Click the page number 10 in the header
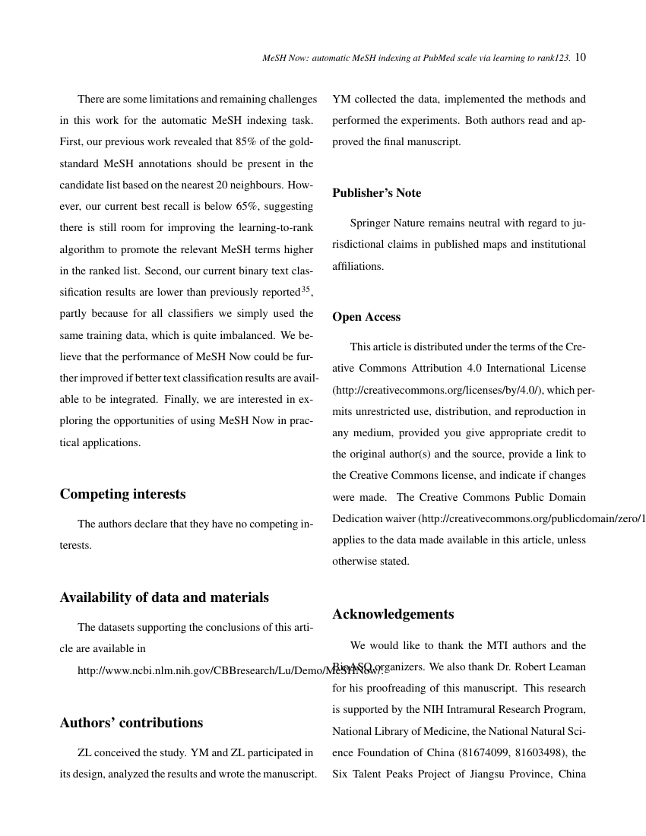(581, 57)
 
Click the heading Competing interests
(122, 494)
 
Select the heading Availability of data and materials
(164, 597)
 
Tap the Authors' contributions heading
(131, 723)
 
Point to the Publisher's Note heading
(376, 193)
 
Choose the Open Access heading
(366, 317)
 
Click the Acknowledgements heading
(393, 614)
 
